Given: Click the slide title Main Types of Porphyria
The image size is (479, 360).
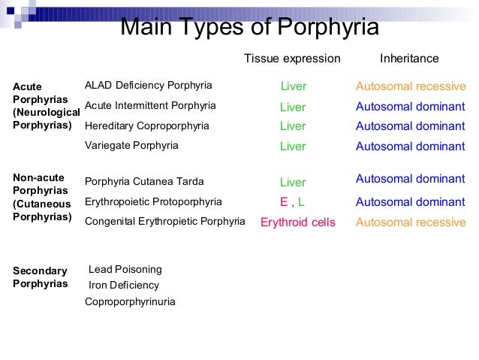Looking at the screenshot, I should click(x=249, y=28).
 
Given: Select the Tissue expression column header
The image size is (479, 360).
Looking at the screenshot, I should click(x=292, y=59).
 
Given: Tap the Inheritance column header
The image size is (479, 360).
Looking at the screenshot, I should click(x=409, y=59).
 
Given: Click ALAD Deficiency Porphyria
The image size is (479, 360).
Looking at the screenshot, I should click(x=149, y=85).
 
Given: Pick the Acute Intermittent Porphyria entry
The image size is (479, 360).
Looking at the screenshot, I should click(x=150, y=105).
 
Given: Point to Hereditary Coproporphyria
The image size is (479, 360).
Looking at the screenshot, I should click(x=147, y=126).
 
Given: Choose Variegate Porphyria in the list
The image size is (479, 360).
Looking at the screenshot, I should click(x=131, y=145).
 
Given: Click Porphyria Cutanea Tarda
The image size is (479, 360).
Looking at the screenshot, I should click(x=144, y=181).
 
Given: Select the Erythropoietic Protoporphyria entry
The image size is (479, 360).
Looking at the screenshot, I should click(x=153, y=201).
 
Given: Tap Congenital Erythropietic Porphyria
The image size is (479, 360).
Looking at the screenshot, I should click(x=165, y=222).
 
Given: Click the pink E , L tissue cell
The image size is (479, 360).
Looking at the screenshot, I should click(x=292, y=202).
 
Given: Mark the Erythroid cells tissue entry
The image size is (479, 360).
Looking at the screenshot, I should click(x=297, y=222).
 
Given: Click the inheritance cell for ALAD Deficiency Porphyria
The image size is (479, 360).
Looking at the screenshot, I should click(x=411, y=86).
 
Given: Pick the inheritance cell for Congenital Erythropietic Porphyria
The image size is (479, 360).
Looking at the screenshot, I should click(x=411, y=222).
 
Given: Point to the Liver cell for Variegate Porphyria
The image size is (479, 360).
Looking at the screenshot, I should click(x=293, y=147).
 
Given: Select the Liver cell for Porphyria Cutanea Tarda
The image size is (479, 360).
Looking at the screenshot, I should click(x=293, y=183).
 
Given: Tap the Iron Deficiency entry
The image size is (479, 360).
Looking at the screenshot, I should click(x=124, y=286).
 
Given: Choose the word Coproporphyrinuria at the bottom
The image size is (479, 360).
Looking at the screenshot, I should click(x=130, y=302).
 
